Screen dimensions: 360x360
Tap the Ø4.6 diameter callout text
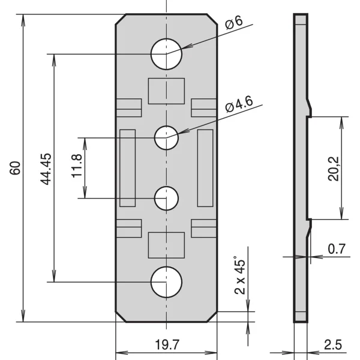pos(241,106)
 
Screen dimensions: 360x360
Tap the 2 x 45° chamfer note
pos(241,277)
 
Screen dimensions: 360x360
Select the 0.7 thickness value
pos(337,248)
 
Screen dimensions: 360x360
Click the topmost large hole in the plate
pos(166,54)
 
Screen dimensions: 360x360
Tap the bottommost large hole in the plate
pos(166,282)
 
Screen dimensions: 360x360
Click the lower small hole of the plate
pos(166,198)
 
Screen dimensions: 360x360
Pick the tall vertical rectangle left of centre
pos(128,167)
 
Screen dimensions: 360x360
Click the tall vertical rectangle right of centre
pos(205,167)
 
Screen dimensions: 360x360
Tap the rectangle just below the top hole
pos(166,90)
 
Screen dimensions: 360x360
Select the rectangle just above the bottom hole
pos(166,245)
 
